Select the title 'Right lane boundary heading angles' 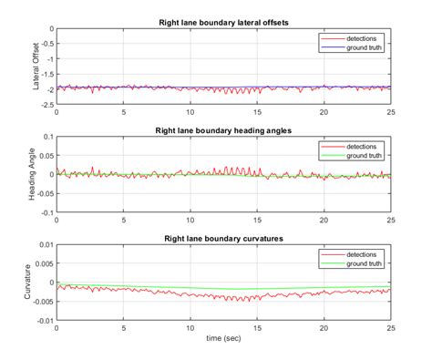coord(223,129)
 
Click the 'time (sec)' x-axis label coord(223,336)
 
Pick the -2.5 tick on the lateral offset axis coord(46,103)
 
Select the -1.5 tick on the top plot coord(46,73)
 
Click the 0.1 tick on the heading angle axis coord(47,137)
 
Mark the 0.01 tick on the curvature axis coord(45,245)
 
